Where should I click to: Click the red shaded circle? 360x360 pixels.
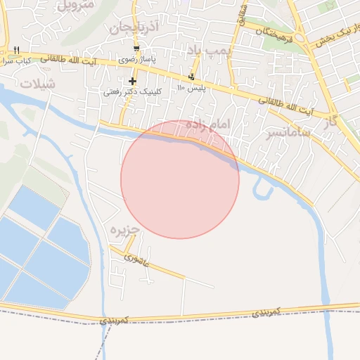tap(180, 180)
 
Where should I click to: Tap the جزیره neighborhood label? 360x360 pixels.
tap(125, 230)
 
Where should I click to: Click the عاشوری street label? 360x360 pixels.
tap(136, 259)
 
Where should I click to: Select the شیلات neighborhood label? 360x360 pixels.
tap(37, 83)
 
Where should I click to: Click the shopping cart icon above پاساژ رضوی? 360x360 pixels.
tap(136, 49)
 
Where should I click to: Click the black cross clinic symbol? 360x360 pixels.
tap(132, 82)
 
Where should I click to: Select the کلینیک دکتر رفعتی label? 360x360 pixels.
tap(133, 92)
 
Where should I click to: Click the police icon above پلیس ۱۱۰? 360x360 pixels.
tap(191, 77)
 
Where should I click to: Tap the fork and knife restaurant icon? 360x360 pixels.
tap(16, 50)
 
